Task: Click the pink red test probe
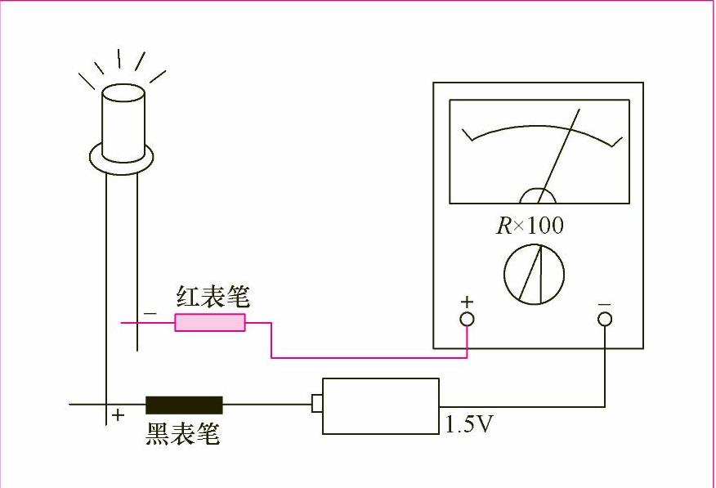pos(210,323)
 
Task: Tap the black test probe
pos(184,405)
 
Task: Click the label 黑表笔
pos(183,433)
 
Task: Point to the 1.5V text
pos(470,424)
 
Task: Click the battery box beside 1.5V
pos(380,405)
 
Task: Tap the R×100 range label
pos(530,226)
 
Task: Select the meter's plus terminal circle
pos(467,319)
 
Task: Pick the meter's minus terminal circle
pos(605,319)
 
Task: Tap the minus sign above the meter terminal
pos(604,303)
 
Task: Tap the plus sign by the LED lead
pos(119,415)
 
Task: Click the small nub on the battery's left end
pos(317,403)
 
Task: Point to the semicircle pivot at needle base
pos(538,196)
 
